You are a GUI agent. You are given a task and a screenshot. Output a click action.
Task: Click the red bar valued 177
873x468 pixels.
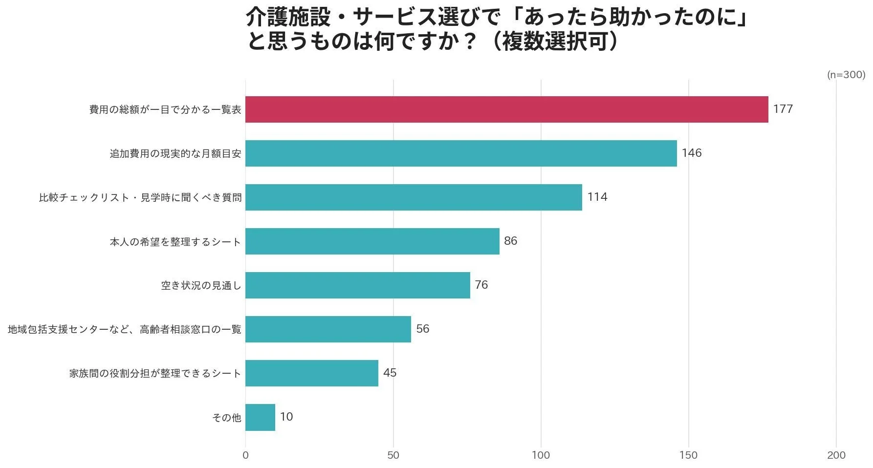coord(506,109)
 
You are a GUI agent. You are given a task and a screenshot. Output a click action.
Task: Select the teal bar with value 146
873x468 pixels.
coord(461,153)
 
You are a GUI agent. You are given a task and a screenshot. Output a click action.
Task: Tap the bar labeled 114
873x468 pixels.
coord(414,197)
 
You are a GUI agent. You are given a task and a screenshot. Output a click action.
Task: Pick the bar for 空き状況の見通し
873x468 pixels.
coord(357,285)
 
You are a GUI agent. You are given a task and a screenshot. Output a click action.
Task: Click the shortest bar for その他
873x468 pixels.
coord(260,417)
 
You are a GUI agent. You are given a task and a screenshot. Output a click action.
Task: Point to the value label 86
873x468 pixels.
coord(510,241)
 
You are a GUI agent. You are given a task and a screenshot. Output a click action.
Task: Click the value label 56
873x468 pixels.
coord(422,329)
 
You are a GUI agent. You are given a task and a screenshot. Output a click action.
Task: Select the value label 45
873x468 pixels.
coord(390,373)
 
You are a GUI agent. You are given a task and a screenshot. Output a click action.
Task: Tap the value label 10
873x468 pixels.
coord(286,417)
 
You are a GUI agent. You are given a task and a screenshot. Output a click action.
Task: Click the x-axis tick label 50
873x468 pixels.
coord(393,455)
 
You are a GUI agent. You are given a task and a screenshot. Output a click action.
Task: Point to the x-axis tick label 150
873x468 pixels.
coord(688,455)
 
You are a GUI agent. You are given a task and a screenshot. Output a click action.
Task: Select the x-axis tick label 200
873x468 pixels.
coord(836,455)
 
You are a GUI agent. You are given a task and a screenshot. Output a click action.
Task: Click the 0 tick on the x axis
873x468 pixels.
coord(245,455)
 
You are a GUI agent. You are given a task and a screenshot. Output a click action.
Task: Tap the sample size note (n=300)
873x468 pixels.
coord(846,75)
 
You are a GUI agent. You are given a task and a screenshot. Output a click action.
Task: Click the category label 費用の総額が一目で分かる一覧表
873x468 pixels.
coord(165,109)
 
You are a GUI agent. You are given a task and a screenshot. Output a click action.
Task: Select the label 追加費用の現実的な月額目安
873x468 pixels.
coord(175,153)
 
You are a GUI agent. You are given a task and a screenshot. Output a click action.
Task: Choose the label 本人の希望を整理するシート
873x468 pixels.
coord(175,242)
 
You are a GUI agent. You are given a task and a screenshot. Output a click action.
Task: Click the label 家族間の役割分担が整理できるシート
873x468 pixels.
coord(155,374)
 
